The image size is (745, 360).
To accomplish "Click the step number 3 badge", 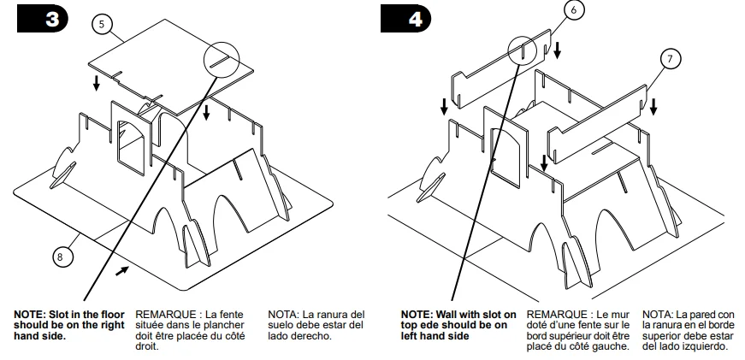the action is [x=42, y=19].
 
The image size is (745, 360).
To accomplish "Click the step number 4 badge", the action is [x=405, y=19].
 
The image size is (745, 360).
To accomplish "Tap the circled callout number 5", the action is [x=102, y=24].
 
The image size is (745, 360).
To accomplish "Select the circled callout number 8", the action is [x=60, y=257].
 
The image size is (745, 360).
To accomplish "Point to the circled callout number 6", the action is [x=573, y=10].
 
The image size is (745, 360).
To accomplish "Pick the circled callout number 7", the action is [x=671, y=59].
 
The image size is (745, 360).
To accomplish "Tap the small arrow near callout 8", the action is [x=122, y=271].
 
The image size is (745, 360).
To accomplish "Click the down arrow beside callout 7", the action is [x=653, y=107].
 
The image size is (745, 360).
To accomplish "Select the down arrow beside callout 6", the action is [x=558, y=50].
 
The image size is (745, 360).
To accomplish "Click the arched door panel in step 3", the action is [x=132, y=138].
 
